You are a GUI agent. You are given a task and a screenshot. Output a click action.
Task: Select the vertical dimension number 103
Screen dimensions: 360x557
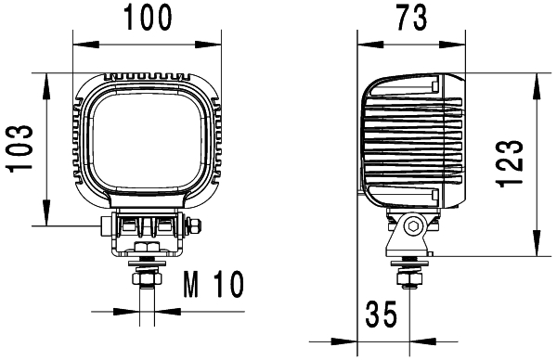coord(20,148)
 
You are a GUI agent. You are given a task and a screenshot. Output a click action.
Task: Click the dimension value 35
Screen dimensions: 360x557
coord(380,315)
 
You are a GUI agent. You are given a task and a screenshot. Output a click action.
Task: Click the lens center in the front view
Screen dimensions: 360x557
coord(147,148)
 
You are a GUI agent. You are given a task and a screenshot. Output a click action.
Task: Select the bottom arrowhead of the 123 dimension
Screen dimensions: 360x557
coord(536,250)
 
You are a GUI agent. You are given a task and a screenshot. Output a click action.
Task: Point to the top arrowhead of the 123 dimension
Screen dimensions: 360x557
coord(536,79)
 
